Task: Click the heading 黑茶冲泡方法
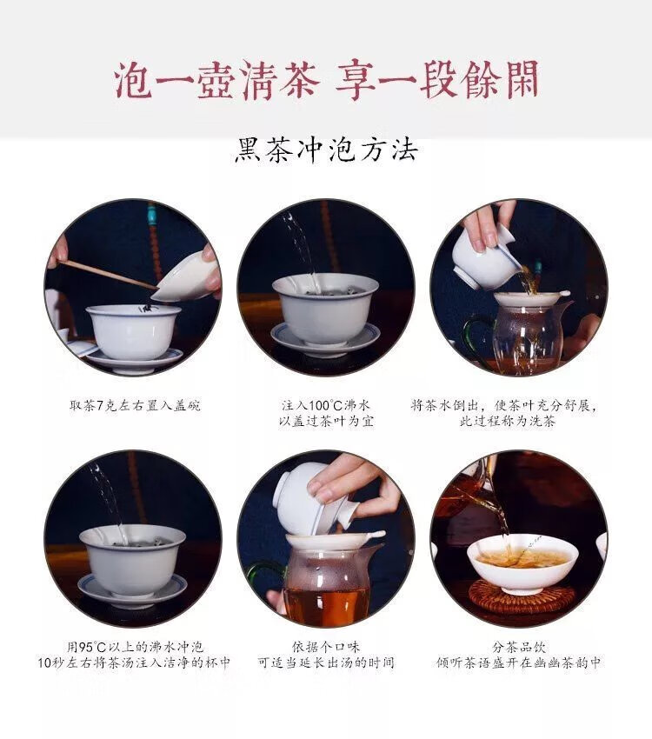coord(326,150)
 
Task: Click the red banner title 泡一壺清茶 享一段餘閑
coord(327,79)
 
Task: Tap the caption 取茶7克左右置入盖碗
coord(135,405)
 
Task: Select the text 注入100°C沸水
coord(326,405)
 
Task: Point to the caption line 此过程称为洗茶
coord(508,421)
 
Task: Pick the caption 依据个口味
coord(326,647)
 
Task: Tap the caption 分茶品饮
coord(519,647)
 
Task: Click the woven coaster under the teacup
coord(522,596)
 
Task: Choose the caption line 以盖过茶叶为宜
coord(326,421)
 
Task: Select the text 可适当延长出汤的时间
coord(326,662)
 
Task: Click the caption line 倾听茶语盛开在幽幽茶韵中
coord(519,662)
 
